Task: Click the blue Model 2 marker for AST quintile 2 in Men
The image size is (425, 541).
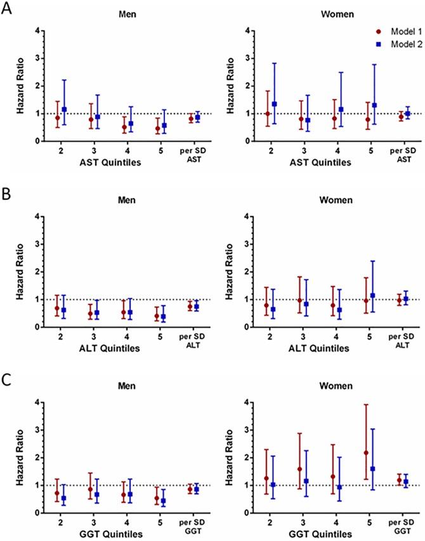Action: [x=64, y=109]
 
